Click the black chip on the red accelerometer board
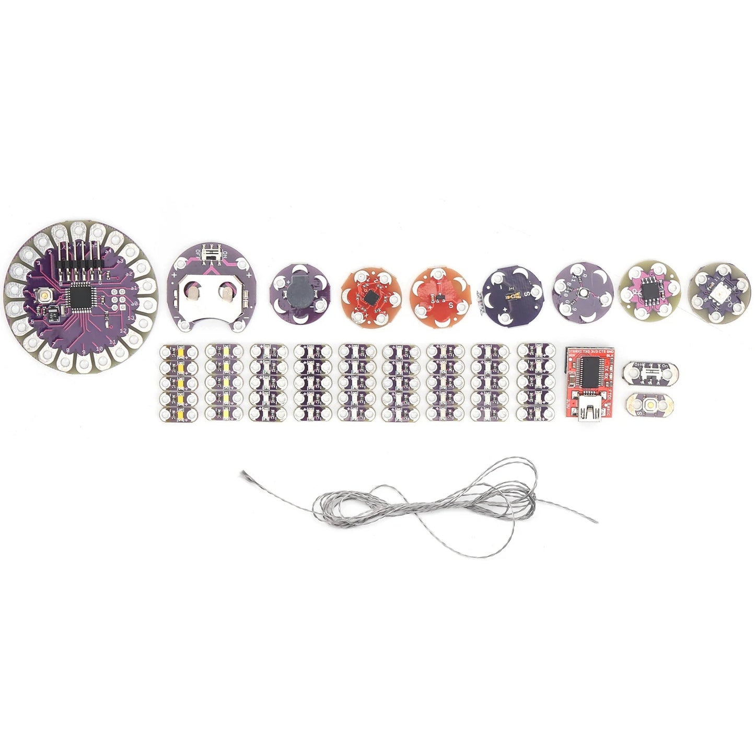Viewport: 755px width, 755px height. pyautogui.click(x=370, y=297)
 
